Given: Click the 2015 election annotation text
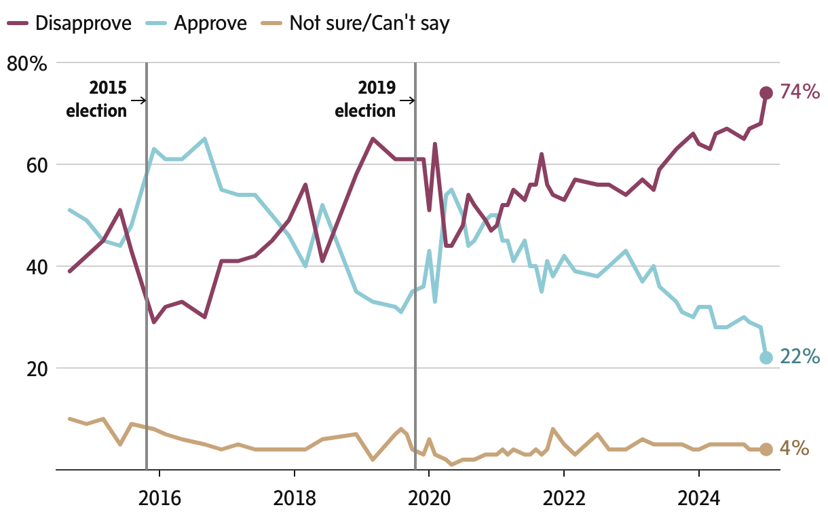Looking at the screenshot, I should (97, 99).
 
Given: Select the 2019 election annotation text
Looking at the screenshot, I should (366, 99).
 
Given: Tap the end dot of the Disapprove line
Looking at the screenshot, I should (766, 93).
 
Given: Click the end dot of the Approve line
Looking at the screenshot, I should (766, 358).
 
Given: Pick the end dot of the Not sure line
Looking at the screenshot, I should (766, 449).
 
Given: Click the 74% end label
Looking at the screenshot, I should (799, 92).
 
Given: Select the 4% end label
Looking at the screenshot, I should (794, 448).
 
